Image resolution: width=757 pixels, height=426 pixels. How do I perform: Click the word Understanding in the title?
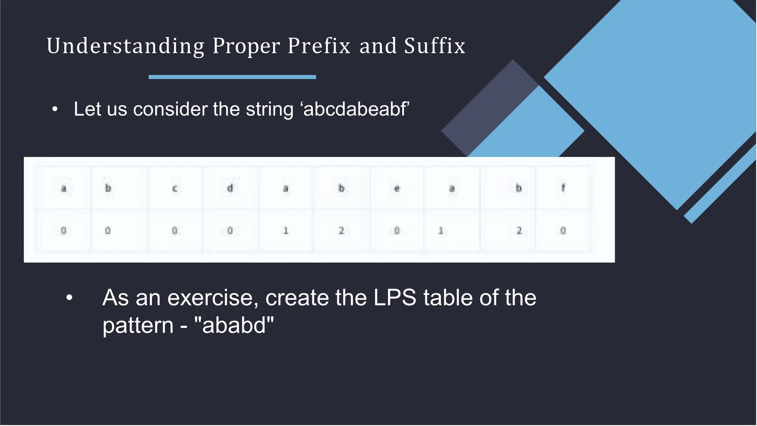(125, 46)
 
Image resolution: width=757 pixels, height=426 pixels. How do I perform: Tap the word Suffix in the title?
(434, 46)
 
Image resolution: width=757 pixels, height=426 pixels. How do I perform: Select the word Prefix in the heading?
(319, 46)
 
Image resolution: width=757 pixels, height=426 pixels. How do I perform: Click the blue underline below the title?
(232, 77)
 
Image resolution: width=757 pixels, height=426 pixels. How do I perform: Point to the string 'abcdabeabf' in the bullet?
(356, 109)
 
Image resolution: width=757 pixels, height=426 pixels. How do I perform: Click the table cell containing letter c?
(175, 188)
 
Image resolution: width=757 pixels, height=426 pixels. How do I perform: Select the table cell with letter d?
(230, 188)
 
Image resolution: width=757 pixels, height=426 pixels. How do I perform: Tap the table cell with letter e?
(397, 188)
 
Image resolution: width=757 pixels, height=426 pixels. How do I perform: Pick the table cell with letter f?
(563, 188)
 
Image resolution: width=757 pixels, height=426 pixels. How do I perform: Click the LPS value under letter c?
(174, 231)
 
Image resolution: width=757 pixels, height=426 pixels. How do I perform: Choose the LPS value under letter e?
(397, 231)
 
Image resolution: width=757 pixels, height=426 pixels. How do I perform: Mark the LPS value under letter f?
(563, 231)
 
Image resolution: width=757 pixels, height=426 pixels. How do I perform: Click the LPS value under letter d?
(230, 231)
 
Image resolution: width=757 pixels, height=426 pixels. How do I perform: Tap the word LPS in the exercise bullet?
(395, 297)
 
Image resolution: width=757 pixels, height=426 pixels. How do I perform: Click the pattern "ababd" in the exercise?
(234, 326)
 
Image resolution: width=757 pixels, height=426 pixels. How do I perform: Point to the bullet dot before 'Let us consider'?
(55, 109)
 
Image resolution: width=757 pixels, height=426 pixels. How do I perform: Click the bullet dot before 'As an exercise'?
(69, 297)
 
